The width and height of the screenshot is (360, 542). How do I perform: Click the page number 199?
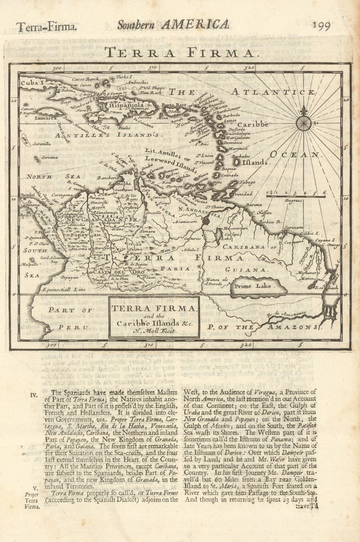pos(321,26)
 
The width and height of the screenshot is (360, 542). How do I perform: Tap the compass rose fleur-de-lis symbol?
pos(303,112)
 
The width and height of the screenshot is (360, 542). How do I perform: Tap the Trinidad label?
pos(242,194)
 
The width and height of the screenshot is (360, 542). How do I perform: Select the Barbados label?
pos(240,156)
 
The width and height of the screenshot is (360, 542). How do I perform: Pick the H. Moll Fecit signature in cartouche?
pos(154,331)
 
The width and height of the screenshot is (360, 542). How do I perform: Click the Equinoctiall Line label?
pos(64,290)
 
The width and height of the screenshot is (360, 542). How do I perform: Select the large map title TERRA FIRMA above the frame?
pos(180,53)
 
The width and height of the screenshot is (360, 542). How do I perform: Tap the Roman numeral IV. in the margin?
pos(34,394)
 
